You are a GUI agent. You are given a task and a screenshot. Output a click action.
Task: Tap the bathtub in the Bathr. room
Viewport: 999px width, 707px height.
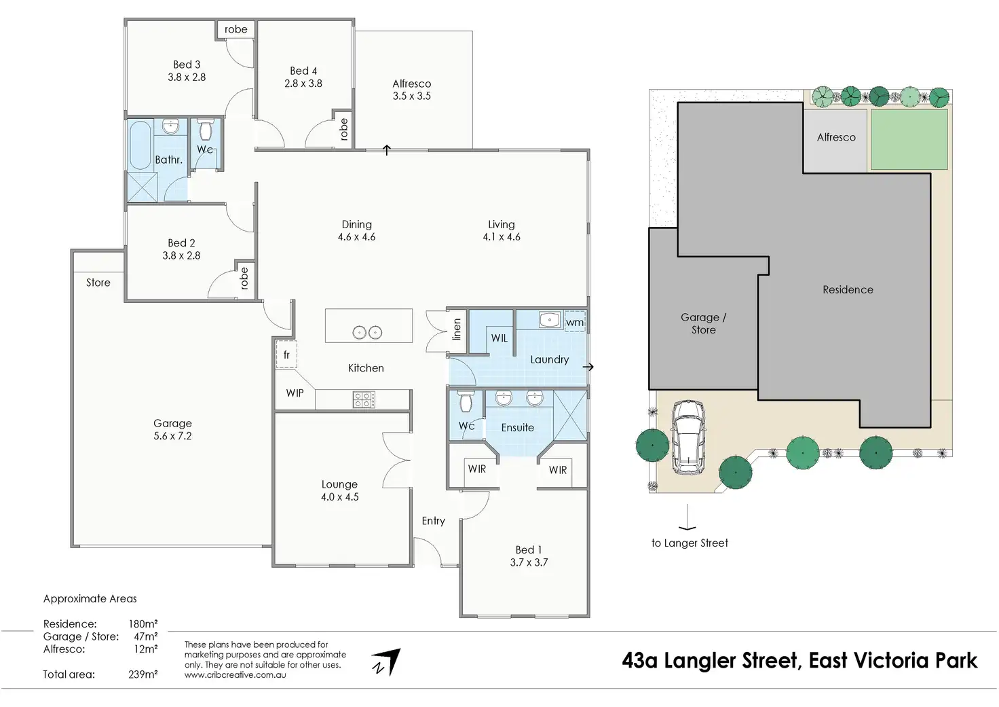[140, 145]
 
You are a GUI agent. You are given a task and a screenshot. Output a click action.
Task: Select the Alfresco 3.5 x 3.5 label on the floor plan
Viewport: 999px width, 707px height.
[412, 90]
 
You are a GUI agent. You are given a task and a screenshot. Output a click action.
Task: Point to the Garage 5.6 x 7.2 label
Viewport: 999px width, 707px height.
[172, 429]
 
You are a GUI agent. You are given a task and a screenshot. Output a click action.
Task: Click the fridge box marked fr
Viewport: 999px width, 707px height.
[286, 355]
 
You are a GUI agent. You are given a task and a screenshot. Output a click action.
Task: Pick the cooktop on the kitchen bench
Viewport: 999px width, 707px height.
[364, 400]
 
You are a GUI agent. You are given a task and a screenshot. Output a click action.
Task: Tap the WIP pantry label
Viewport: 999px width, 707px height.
[295, 393]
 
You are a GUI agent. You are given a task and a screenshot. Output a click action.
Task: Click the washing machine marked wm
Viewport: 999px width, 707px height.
[575, 321]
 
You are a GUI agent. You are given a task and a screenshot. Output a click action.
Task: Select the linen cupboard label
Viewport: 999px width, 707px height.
[456, 329]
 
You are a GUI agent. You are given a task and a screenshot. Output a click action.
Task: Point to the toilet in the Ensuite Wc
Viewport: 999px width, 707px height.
[466, 401]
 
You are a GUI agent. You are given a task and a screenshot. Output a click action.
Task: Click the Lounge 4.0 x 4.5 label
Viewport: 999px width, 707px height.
[339, 490]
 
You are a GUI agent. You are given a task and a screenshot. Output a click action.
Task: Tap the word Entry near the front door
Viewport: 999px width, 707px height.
[434, 521]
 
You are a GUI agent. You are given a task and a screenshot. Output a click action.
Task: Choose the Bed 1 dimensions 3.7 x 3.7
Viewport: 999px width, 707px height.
[529, 562]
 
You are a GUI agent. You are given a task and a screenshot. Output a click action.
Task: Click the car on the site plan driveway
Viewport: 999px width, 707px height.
[688, 437]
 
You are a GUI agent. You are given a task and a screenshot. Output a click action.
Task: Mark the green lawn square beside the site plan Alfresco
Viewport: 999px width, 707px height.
[909, 140]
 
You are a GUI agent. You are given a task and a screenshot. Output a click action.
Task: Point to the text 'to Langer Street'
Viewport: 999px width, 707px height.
[690, 543]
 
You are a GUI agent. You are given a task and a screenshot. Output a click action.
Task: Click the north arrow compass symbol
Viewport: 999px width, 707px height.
[386, 662]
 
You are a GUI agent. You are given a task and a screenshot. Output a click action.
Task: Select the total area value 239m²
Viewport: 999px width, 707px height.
[143, 674]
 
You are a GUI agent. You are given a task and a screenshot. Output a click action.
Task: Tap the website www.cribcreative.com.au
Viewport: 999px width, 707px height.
[235, 675]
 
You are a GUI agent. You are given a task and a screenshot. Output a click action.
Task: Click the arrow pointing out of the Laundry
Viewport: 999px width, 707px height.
[588, 367]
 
